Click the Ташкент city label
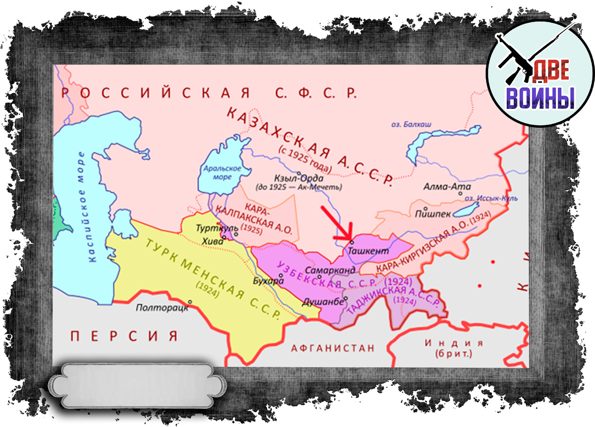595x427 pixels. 368,252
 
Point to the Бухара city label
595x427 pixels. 271,281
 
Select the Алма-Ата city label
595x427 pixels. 442,187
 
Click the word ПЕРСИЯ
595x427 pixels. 124,336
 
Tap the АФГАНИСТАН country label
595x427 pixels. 333,348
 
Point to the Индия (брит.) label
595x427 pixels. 453,348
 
